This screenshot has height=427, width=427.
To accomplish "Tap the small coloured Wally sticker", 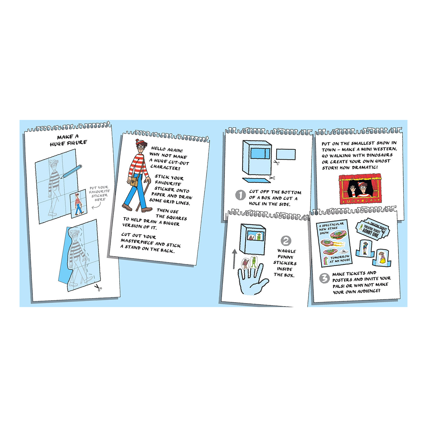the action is tap(78, 204).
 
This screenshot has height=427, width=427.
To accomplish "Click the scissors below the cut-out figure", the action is tap(98, 287).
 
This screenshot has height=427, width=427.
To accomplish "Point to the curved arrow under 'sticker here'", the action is tap(96, 206).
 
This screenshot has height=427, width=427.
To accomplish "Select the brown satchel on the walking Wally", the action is tap(133, 180).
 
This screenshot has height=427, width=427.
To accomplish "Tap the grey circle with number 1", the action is tap(240, 195).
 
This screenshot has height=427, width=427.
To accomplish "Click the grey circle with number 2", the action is tap(286, 241).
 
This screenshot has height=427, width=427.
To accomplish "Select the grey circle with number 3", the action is tap(325, 278).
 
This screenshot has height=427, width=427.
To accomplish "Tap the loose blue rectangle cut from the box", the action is tap(285, 154).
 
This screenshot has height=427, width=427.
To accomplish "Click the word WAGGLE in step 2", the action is tap(286, 251).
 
